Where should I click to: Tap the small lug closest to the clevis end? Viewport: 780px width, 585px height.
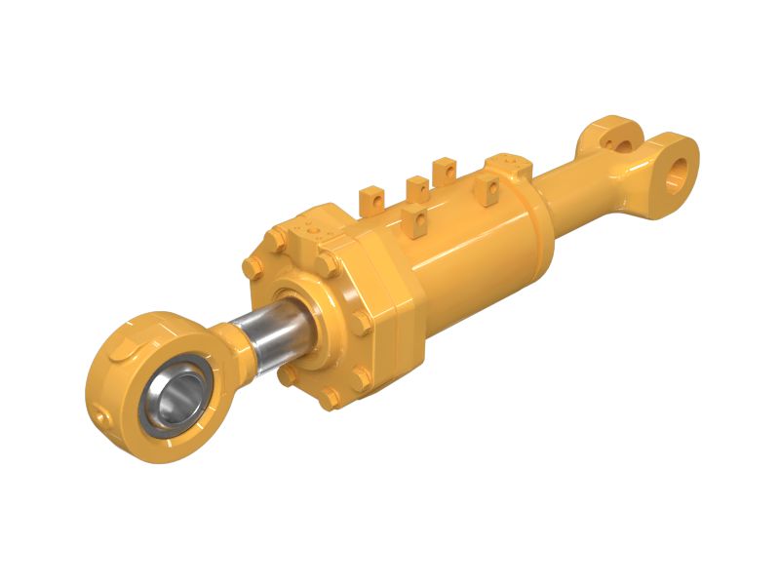click(x=445, y=172)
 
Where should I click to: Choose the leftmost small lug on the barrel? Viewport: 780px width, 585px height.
click(x=371, y=201)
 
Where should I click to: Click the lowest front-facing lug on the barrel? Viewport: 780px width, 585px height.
click(x=414, y=219)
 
